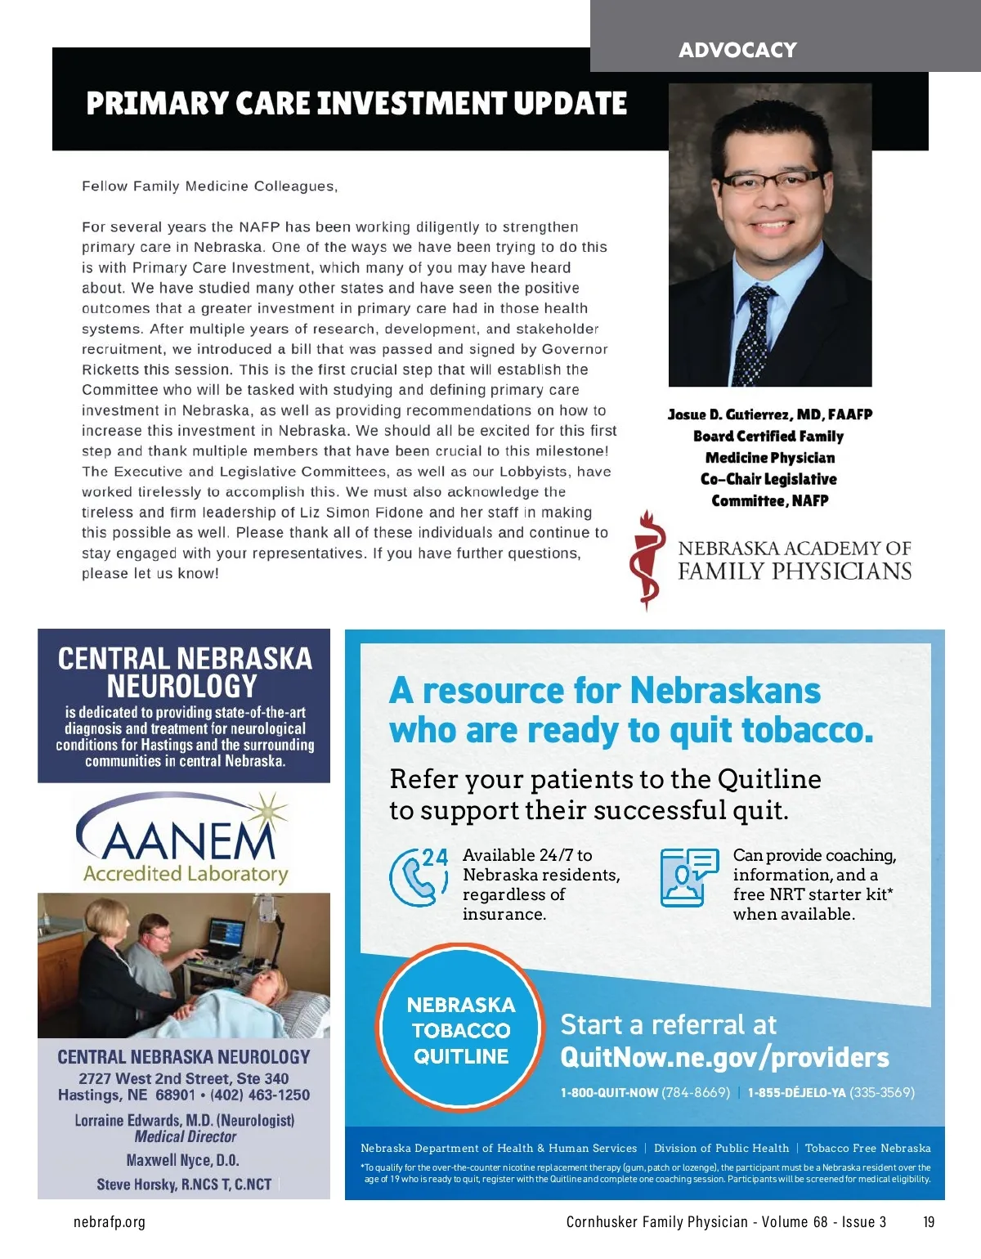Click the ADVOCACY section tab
pos(737,50)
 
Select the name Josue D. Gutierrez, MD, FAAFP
pos(769,414)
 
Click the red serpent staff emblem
pos(647,559)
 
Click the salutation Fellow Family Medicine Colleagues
pos(209,186)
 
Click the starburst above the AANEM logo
pos(267,812)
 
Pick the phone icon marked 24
pos(418,876)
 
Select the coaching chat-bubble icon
pos(688,876)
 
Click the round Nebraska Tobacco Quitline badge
pos(461,1029)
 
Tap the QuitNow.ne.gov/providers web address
pos(724,1058)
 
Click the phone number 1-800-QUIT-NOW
pos(610,1093)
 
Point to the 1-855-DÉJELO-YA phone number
pos(796,1093)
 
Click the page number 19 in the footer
pos(929,1222)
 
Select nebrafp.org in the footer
pos(110,1222)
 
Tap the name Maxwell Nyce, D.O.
pos(183,1160)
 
